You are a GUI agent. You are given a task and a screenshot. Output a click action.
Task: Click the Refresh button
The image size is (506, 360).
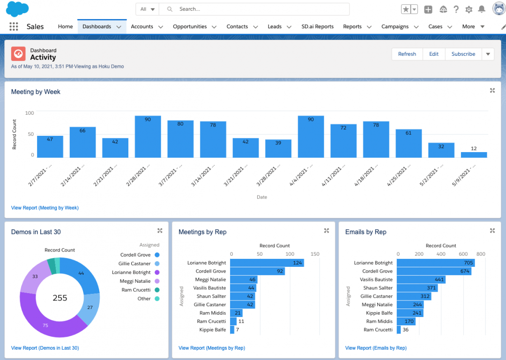(407, 54)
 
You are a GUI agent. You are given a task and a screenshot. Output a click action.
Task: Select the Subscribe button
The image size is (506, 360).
(463, 54)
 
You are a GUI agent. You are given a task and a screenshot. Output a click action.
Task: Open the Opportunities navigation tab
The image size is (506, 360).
(190, 27)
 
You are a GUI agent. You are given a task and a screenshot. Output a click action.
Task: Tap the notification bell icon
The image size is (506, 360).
(481, 9)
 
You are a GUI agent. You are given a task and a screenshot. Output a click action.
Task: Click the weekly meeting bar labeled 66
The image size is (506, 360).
(82, 142)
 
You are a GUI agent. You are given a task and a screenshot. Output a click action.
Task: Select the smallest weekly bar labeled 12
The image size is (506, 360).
(474, 154)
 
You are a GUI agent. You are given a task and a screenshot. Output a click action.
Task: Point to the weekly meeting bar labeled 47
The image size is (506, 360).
(50, 147)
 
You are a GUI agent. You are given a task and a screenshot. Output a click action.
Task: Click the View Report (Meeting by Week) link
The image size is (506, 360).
(45, 207)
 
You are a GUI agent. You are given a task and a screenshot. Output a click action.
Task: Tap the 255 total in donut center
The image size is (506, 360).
(60, 298)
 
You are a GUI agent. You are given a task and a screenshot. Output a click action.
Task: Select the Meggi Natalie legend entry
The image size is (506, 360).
(135, 281)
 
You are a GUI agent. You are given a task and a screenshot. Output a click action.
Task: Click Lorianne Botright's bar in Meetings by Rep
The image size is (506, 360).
(267, 263)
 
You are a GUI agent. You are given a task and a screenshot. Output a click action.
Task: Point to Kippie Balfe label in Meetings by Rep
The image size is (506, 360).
(212, 330)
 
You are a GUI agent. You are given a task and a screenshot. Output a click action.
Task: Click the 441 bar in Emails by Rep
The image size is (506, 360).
(420, 279)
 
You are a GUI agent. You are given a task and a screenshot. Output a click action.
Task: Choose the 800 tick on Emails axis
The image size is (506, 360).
(481, 254)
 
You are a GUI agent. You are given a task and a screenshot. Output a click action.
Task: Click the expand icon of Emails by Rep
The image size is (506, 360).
(492, 231)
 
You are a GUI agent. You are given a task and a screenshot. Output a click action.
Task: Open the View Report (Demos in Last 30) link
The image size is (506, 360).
(45, 348)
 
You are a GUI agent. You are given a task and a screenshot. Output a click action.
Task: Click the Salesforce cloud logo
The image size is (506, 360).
(17, 9)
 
